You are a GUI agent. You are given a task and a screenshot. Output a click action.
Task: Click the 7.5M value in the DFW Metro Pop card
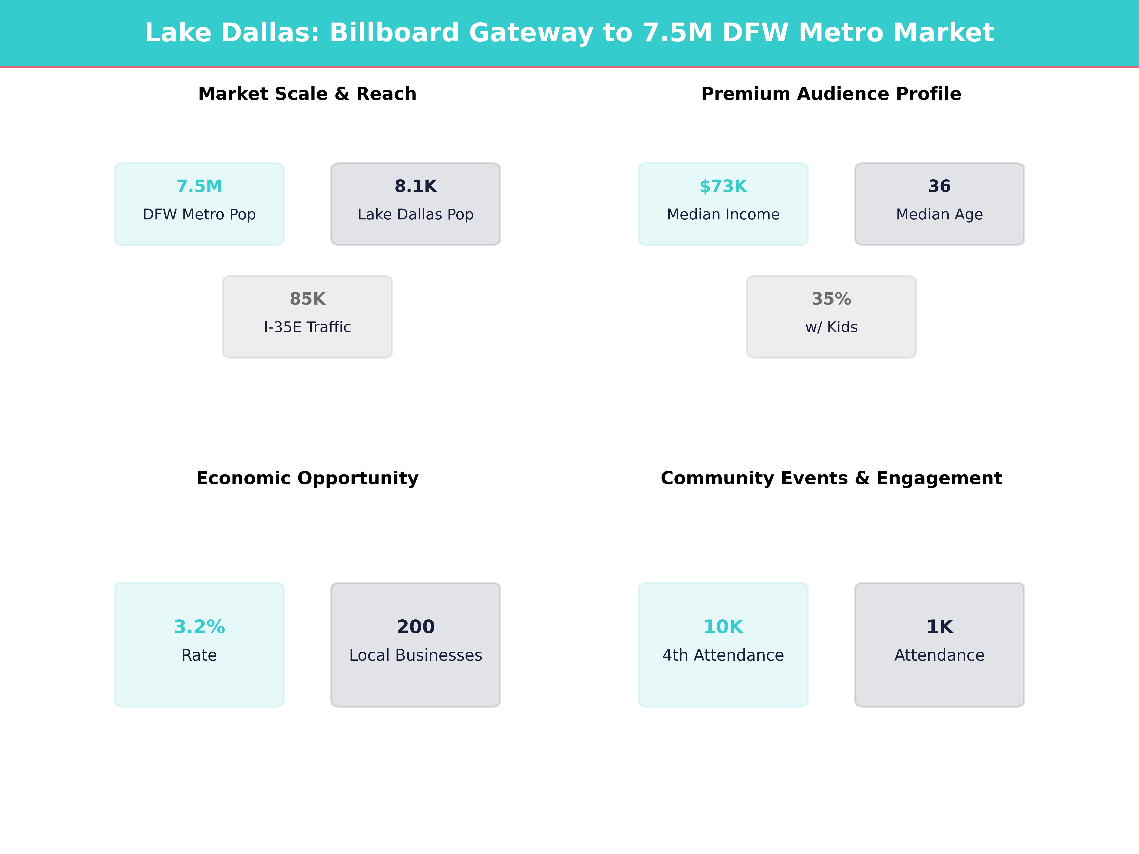[199, 186]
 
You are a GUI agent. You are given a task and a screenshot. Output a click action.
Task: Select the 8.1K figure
[415, 186]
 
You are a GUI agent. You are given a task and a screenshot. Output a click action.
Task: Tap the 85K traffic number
[307, 299]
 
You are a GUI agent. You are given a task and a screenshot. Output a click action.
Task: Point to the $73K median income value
[723, 186]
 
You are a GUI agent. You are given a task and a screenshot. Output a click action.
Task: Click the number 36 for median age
[939, 186]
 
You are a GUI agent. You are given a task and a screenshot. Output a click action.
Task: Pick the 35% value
[831, 299]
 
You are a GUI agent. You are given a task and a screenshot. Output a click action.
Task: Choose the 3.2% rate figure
[199, 627]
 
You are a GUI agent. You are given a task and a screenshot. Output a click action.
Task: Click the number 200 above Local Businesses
[415, 627]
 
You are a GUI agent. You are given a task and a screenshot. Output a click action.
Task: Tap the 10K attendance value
[723, 627]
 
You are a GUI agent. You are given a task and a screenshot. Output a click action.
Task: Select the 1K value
[939, 627]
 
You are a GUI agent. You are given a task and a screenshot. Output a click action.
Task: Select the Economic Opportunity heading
[307, 478]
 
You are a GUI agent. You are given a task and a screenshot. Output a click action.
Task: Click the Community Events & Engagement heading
[831, 478]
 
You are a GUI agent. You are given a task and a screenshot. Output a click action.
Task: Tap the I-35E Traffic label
[307, 327]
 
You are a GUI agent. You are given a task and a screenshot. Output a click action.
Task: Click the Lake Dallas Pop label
[415, 215]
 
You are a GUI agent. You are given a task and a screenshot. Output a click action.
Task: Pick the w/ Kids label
[831, 327]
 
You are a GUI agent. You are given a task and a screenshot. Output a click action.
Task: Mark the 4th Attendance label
[723, 655]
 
